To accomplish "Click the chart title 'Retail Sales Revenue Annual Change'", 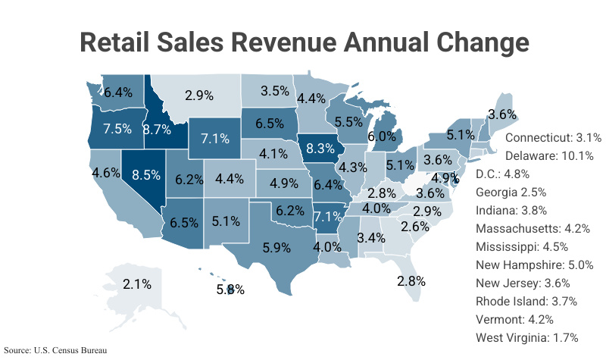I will (303, 42).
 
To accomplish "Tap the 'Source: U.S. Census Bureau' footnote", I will (54, 351).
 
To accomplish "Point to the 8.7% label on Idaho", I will (157, 130).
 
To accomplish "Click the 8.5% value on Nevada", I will (145, 174).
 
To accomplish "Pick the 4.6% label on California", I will (106, 172).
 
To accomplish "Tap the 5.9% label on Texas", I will (277, 246).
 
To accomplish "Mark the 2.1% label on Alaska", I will (137, 284).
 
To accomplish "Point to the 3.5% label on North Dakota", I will (274, 91).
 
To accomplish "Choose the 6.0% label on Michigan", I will (382, 136).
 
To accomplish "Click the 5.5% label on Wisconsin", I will (348, 121).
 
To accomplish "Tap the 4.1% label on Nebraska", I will (273, 153).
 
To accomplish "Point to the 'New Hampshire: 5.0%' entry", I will (534, 265).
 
